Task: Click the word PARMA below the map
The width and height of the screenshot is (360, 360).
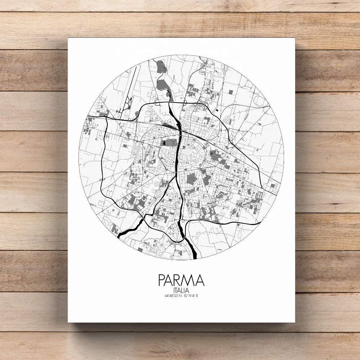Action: pos(181,280)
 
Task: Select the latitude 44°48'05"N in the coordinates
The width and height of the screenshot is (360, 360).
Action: pos(171,296)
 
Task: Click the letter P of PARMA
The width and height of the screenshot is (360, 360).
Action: pos(162,280)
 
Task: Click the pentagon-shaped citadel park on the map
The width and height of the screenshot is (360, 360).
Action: pos(192,179)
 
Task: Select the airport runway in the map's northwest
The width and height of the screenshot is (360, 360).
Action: pos(131,86)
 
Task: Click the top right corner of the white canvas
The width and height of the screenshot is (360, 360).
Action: pos(295,38)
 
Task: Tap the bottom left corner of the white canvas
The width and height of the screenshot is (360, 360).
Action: pos(68,321)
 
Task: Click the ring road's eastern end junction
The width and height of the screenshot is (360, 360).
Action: pos(263,188)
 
